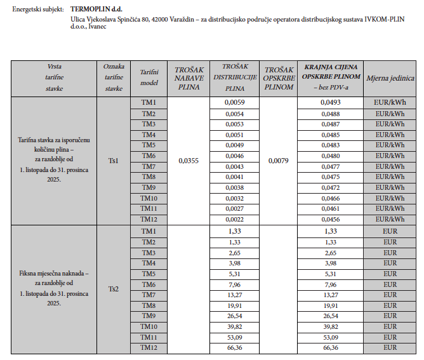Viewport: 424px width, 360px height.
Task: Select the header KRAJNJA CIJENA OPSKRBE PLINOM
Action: coord(330,77)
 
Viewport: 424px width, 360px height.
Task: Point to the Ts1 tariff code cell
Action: coord(114,161)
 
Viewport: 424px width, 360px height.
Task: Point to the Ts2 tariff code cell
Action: coord(114,289)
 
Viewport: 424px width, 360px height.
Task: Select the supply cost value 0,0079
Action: coord(278,161)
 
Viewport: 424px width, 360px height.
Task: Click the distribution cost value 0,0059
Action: coord(234,102)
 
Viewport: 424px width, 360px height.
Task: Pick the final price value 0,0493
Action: coord(330,102)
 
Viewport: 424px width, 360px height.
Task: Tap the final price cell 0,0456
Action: coord(330,219)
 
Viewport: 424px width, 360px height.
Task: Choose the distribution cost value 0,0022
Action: coord(234,219)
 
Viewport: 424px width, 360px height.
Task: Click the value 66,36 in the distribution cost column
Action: coord(234,347)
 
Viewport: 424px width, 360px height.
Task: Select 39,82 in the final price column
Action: coord(330,326)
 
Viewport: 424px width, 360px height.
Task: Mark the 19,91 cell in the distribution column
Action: coord(234,305)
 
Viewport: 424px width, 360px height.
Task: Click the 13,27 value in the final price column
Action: coord(330,294)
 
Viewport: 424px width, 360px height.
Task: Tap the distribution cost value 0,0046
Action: coord(234,156)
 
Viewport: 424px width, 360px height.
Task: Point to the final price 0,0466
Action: coord(330,198)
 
